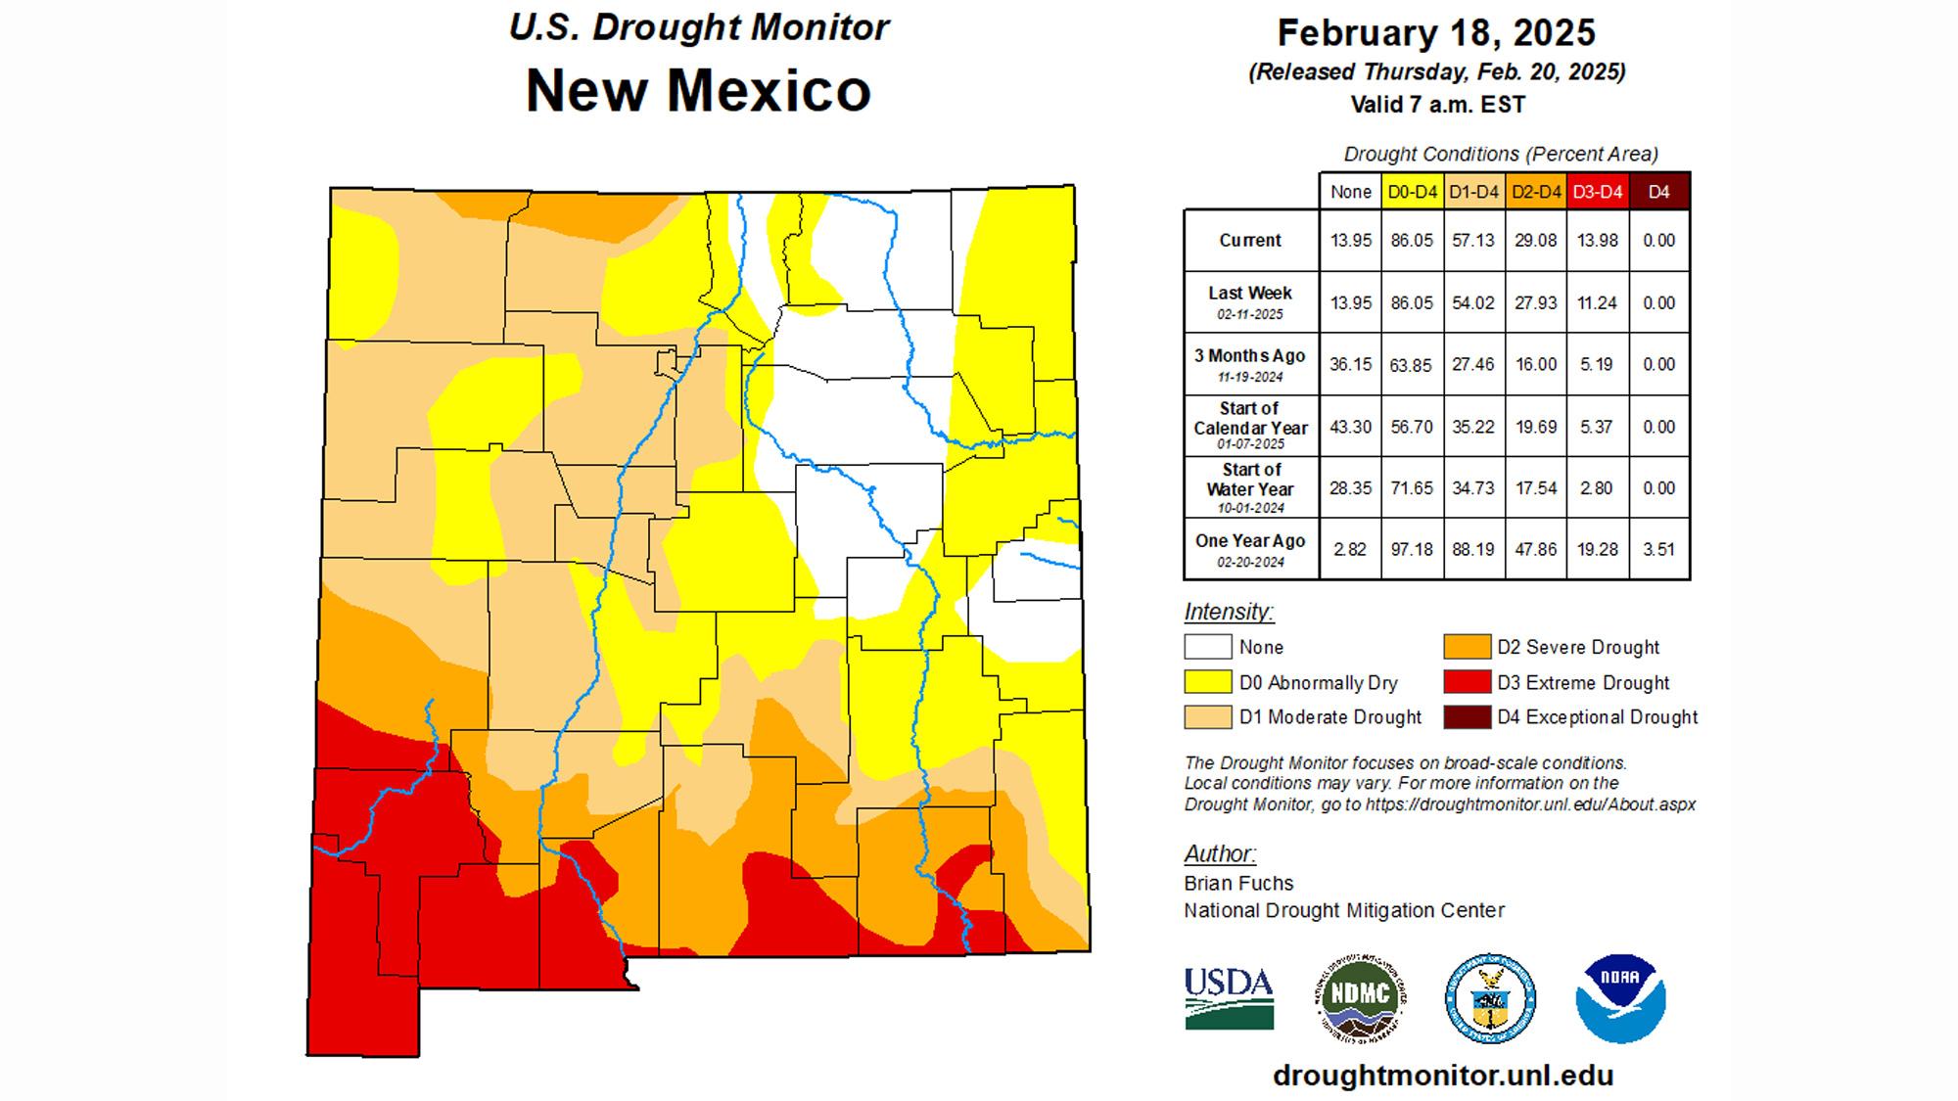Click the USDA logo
point(1229,998)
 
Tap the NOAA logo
point(1620,998)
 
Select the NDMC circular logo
point(1361,997)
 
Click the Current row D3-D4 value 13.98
point(1597,241)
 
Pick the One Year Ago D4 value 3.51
point(1658,550)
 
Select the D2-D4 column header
point(1536,192)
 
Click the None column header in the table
point(1350,192)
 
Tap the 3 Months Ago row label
point(1250,364)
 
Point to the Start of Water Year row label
point(1250,487)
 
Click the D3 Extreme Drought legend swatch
point(1467,682)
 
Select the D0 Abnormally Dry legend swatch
point(1207,682)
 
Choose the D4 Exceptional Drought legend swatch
point(1467,717)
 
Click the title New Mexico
point(698,90)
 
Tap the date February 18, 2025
point(1436,33)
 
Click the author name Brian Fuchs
point(1238,883)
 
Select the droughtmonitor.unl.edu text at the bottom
point(1442,1076)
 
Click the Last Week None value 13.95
point(1350,303)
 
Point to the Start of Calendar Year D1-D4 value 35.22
point(1473,427)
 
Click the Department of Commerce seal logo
point(1490,998)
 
